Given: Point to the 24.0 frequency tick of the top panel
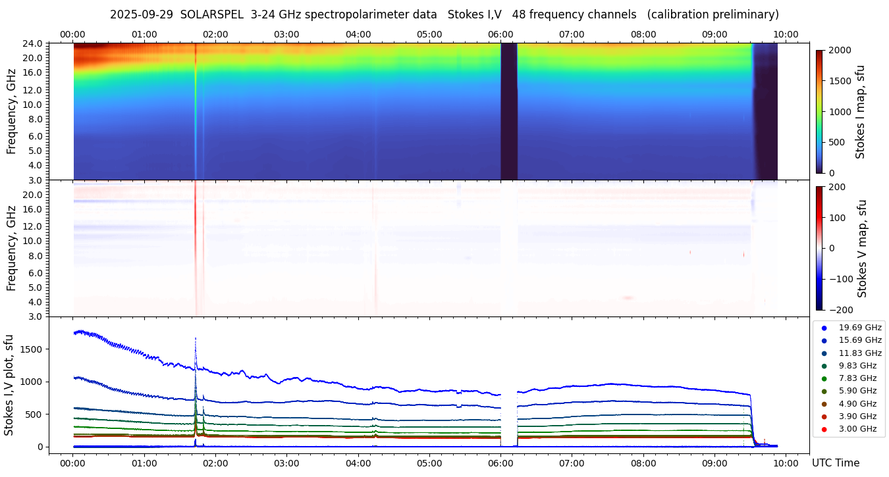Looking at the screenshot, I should pos(34,44).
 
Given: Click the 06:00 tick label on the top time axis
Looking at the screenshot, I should pos(500,34).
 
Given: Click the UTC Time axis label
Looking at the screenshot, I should pos(835,463).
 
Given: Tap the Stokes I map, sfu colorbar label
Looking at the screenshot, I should pos(860,112).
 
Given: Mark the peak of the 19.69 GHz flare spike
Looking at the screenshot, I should pos(196,338).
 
